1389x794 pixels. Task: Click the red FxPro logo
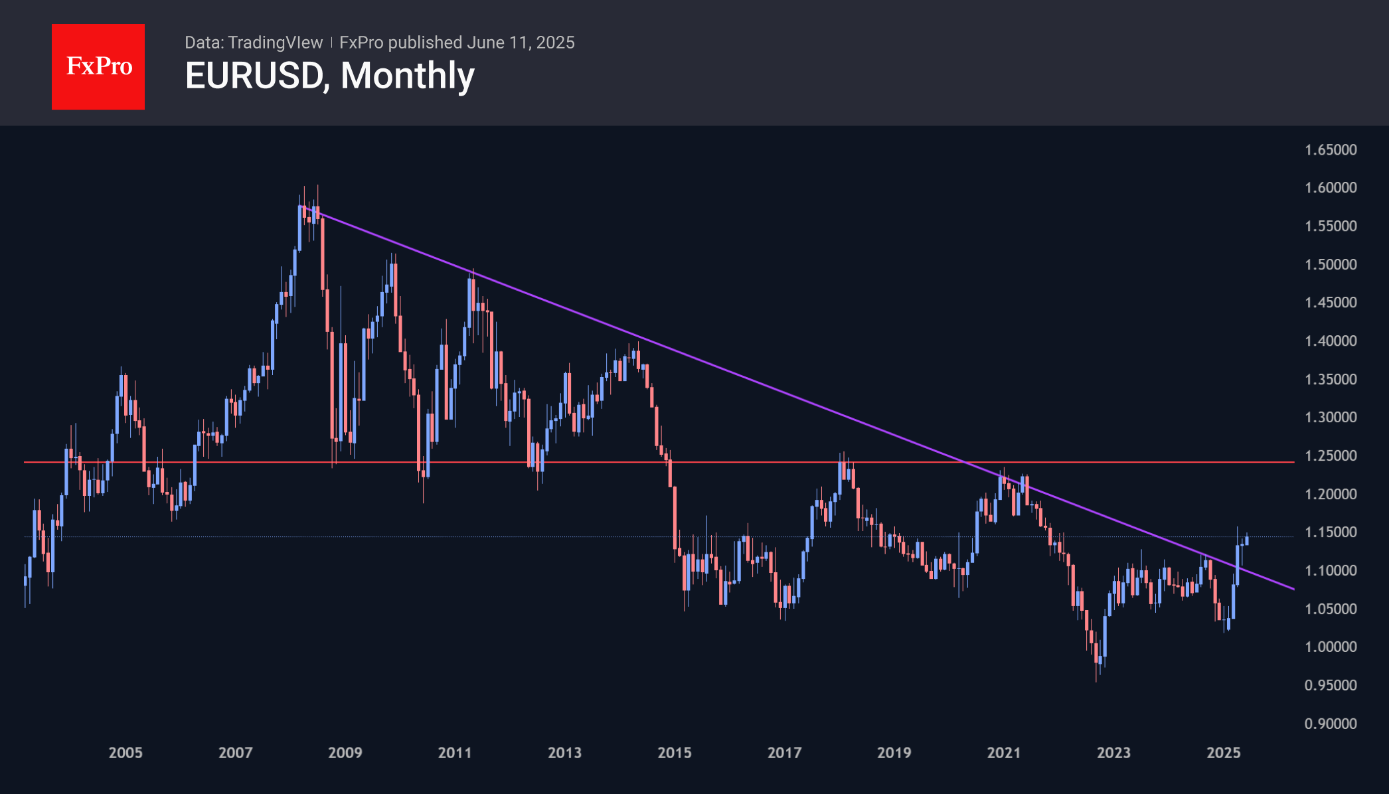(98, 66)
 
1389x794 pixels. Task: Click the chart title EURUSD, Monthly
(329, 76)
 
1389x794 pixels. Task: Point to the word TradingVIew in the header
(275, 42)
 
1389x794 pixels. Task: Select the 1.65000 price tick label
(1331, 150)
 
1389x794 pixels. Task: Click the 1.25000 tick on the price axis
(1331, 456)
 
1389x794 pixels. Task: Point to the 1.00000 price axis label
(1331, 647)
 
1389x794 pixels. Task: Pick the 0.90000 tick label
(1331, 724)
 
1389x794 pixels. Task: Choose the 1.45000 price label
(1331, 303)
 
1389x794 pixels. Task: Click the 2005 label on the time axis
(125, 753)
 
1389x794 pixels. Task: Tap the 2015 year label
(675, 753)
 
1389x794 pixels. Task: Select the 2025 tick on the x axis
(1224, 753)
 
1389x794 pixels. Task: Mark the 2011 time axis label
(455, 753)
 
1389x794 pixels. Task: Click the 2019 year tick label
(894, 753)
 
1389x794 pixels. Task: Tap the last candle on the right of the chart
(1247, 540)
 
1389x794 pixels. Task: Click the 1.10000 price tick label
(1331, 571)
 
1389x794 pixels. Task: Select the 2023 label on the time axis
(1113, 753)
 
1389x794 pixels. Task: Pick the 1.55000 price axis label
(1331, 226)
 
